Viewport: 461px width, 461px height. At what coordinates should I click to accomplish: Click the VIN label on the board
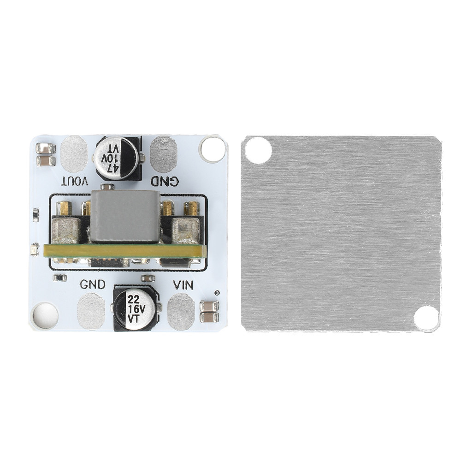[x=183, y=285]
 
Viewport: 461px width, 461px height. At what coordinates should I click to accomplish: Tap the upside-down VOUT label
[x=74, y=181]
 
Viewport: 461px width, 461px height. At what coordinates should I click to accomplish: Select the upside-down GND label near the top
[x=165, y=181]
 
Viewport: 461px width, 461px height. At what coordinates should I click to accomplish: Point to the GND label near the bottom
[x=93, y=284]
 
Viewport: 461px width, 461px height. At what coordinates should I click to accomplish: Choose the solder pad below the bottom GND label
[x=91, y=311]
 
